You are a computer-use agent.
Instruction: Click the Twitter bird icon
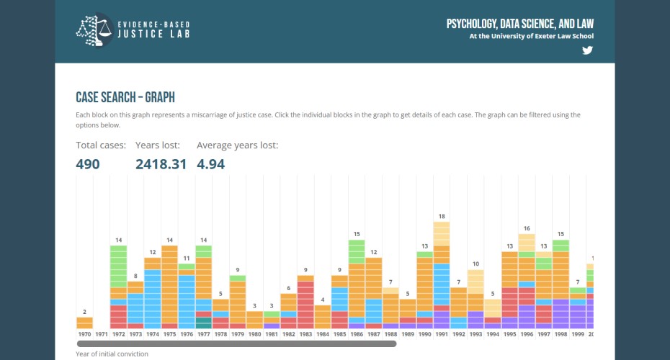point(587,50)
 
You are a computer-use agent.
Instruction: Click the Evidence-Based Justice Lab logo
point(133,30)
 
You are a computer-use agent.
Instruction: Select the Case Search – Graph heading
point(125,97)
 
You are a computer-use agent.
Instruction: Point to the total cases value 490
point(88,164)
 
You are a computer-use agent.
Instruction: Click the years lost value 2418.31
point(161,164)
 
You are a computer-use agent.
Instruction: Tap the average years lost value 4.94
point(211,164)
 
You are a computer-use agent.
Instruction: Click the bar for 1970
point(84,323)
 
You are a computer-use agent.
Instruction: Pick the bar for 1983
point(305,302)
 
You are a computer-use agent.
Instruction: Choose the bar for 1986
point(357,284)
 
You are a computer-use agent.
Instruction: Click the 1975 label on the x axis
point(169,335)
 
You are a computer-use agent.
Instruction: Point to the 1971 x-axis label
point(102,335)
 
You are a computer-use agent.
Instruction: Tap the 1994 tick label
point(493,335)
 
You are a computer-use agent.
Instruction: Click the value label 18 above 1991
point(442,216)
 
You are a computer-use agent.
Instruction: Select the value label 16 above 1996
point(527,228)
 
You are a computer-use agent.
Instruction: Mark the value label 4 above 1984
point(323,300)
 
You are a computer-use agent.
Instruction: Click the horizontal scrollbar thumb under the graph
point(236,344)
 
